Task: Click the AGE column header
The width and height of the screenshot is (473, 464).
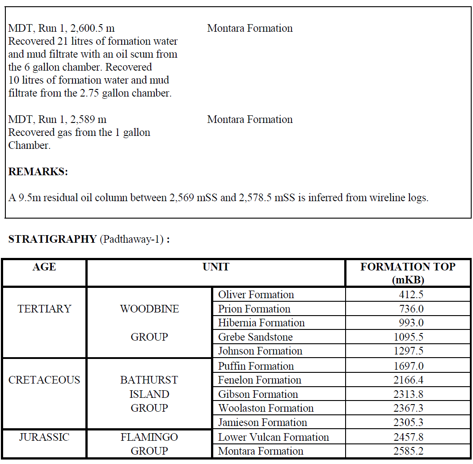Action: click(44, 267)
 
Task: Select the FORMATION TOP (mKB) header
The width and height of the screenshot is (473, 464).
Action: click(408, 273)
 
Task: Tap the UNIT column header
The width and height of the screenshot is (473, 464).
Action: click(216, 267)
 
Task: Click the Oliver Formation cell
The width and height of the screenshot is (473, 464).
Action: click(256, 295)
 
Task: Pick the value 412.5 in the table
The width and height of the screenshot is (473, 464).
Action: click(411, 295)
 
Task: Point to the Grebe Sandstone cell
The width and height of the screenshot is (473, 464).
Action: click(255, 337)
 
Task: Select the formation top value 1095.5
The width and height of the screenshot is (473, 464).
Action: click(408, 337)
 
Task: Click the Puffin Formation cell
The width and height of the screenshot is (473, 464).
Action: click(256, 366)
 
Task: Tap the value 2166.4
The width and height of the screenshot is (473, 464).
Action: click(408, 380)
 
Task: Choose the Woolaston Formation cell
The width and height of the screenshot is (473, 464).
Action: click(266, 408)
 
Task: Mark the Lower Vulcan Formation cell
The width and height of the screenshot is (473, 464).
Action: click(273, 437)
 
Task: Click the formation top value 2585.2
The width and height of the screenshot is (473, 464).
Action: click(408, 451)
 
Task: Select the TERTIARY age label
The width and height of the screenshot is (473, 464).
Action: click(44, 309)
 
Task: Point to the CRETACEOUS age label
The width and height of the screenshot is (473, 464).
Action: click(44, 380)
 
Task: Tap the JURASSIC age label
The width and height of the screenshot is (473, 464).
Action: click(44, 437)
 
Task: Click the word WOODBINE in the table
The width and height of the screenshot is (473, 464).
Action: click(149, 309)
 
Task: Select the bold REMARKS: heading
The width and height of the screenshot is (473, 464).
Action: click(38, 172)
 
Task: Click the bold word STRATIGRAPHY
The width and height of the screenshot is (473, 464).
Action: click(52, 239)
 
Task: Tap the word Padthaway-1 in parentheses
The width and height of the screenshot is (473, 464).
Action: click(131, 239)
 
